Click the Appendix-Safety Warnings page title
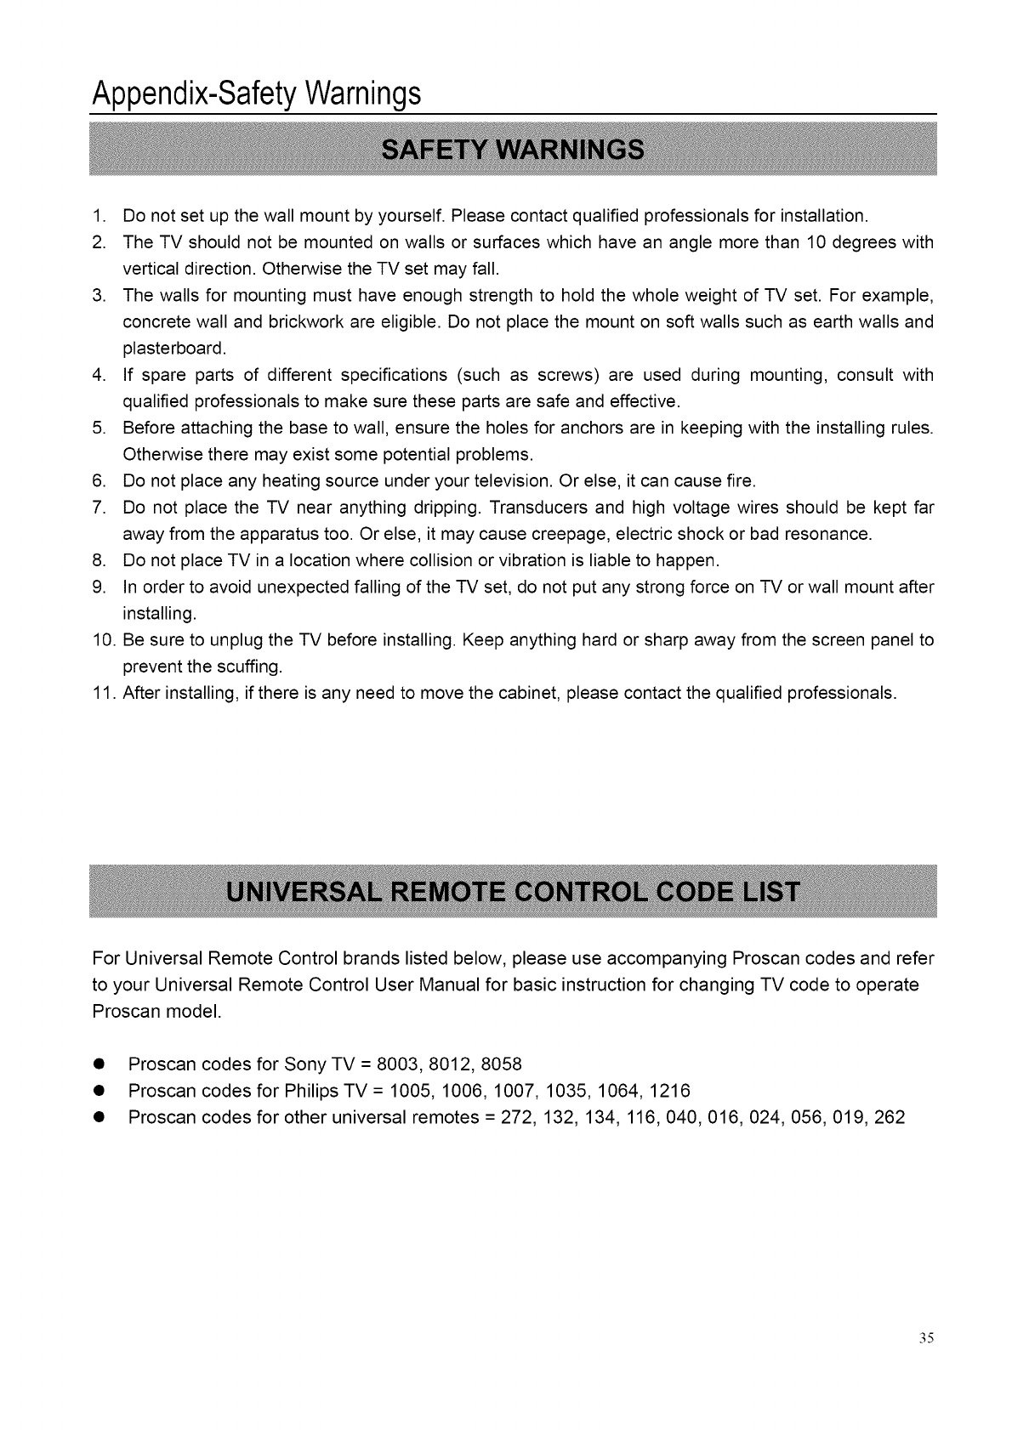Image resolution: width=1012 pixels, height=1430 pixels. [256, 91]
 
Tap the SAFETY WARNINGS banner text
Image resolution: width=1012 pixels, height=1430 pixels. [513, 149]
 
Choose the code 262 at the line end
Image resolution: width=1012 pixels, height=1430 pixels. [889, 1117]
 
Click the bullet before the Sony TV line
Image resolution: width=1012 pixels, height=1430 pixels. [99, 1065]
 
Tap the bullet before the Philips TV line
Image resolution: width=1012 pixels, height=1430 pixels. [99, 1092]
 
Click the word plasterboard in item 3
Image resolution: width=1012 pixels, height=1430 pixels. [163, 349]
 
